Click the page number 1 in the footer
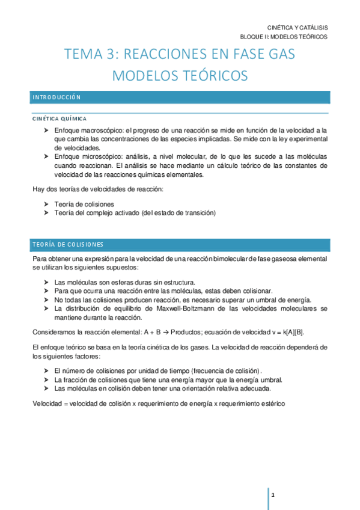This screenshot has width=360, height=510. pyautogui.click(x=273, y=495)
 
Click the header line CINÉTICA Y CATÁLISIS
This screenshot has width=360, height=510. pyautogui.click(x=297, y=28)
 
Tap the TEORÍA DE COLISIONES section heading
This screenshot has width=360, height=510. pyautogui.click(x=68, y=244)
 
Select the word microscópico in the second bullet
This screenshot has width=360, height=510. pyautogui.click(x=99, y=156)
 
